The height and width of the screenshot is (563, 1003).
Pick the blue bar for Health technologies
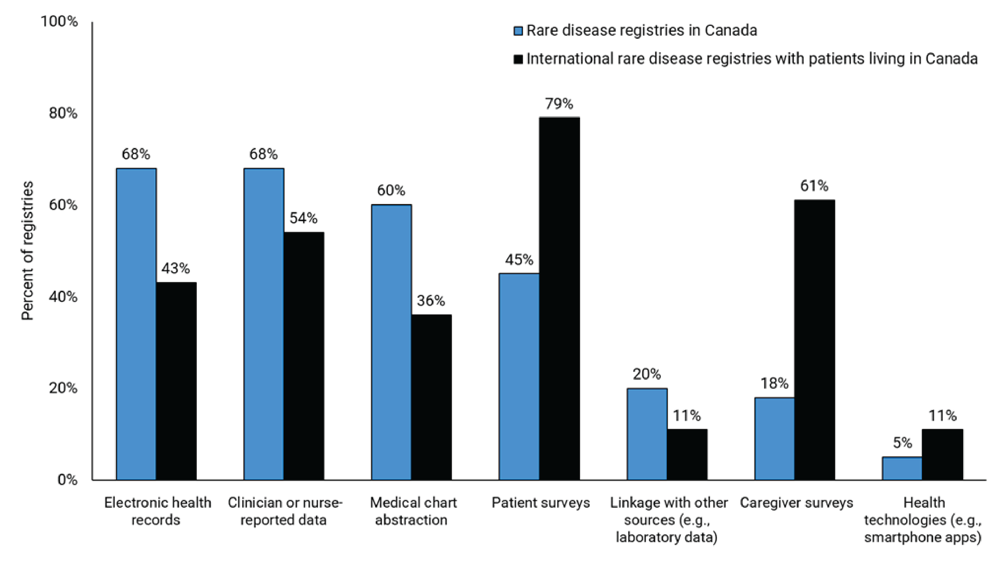[x=902, y=468]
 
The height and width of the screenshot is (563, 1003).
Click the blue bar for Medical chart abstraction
[x=391, y=342]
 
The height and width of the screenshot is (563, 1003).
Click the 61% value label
[x=814, y=186]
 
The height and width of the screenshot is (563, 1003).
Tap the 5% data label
[x=902, y=443]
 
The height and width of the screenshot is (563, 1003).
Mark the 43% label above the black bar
[x=176, y=268]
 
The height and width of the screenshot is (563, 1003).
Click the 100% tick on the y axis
[x=59, y=21]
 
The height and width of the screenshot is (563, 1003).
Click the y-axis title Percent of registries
[x=27, y=251]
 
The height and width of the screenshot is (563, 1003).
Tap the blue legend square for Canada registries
[x=518, y=31]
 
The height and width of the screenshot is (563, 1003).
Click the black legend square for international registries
[x=518, y=59]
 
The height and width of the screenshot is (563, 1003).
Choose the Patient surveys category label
[x=540, y=503]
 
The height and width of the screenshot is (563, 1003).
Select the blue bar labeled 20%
[x=647, y=434]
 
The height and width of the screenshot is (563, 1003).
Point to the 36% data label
[x=431, y=301]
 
